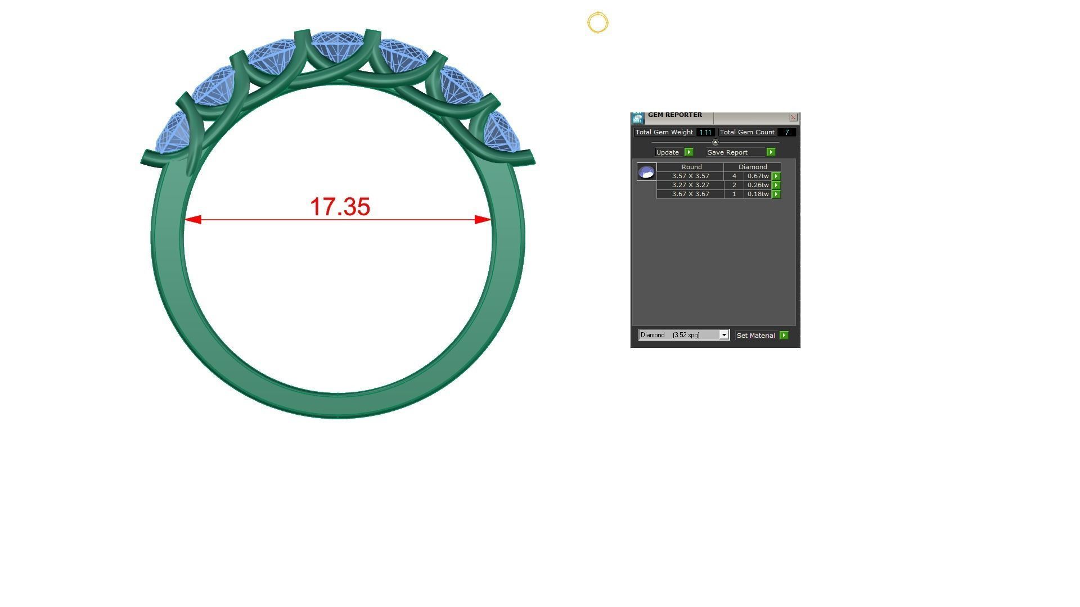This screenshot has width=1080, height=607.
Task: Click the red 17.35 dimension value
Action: click(340, 207)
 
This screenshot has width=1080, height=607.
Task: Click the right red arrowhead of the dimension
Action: click(483, 219)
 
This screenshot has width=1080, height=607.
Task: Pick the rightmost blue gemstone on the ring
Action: click(501, 133)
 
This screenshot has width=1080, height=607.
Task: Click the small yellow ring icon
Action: click(597, 22)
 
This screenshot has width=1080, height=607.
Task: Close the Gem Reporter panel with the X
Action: click(793, 117)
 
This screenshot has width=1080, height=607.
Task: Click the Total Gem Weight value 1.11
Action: click(705, 133)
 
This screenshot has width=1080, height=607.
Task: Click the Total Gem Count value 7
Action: click(786, 133)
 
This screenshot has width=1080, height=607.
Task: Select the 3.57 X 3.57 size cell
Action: click(690, 176)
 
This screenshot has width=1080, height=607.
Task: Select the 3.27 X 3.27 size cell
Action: click(690, 185)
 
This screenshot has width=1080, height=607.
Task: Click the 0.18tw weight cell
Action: click(758, 194)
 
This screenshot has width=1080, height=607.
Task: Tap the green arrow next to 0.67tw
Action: click(776, 176)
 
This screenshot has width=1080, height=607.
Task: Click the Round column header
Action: click(691, 167)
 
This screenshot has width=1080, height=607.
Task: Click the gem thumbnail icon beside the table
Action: click(646, 172)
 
